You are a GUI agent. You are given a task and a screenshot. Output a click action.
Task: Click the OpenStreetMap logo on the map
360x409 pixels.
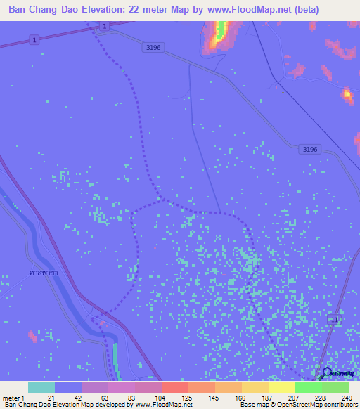point(328,373)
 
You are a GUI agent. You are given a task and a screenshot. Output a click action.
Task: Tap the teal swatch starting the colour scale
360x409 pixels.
point(41,387)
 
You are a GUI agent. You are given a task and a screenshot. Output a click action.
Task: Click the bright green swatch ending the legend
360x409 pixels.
point(335,387)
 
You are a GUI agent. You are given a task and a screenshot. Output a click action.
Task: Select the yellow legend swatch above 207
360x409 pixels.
point(281,387)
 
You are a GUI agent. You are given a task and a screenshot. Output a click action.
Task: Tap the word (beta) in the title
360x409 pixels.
point(307,10)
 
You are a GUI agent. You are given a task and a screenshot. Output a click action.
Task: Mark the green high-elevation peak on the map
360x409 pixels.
point(221,30)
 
